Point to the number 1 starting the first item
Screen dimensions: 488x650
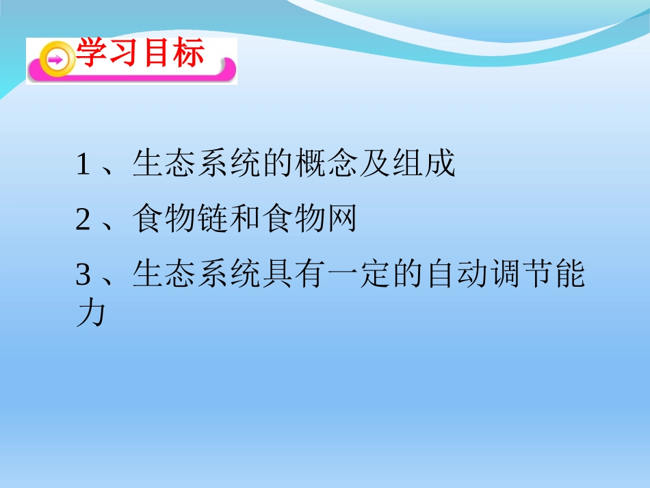pyautogui.click(x=83, y=166)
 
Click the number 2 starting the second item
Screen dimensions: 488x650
pyautogui.click(x=83, y=220)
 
